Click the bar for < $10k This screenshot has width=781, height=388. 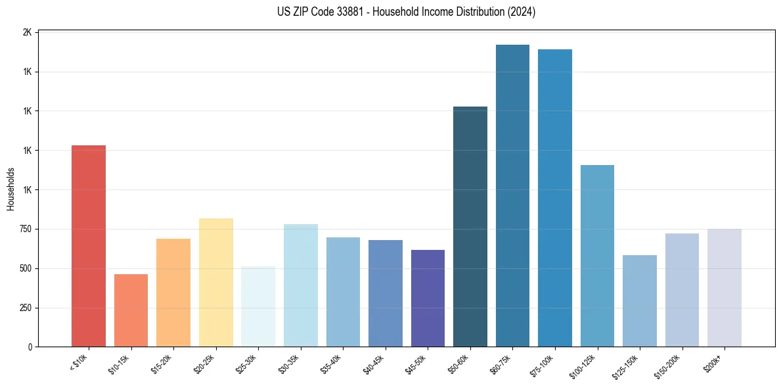pos(89,246)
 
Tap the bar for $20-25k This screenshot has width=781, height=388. pos(215,283)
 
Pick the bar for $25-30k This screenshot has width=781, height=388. pos(258,306)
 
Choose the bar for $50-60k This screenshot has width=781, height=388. pos(470,227)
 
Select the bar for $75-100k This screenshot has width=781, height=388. pos(555,198)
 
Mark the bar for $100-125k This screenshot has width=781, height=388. pos(597,256)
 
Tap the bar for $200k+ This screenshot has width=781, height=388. pos(725,288)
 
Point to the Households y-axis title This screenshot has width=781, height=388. pos(11,189)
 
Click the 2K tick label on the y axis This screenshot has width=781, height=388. pos(27,32)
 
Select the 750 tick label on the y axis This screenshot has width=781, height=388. pos(24,229)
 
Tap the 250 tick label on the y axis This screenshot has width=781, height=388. pos(24,308)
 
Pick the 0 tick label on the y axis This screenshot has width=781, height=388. pos(30,347)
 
